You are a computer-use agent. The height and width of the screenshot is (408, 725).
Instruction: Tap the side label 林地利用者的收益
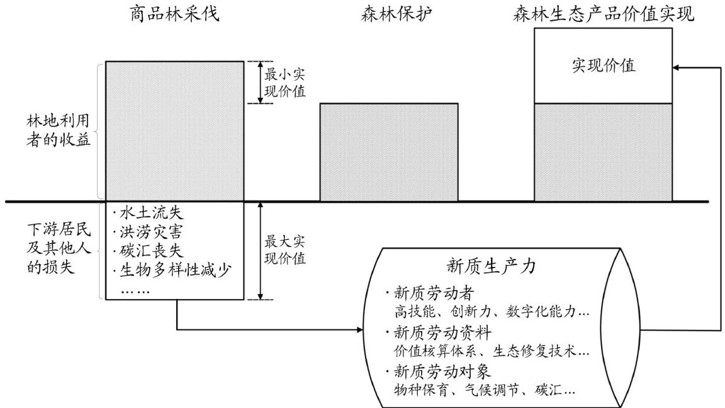59,130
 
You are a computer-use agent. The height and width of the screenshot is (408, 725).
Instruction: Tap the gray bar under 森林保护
389,152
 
